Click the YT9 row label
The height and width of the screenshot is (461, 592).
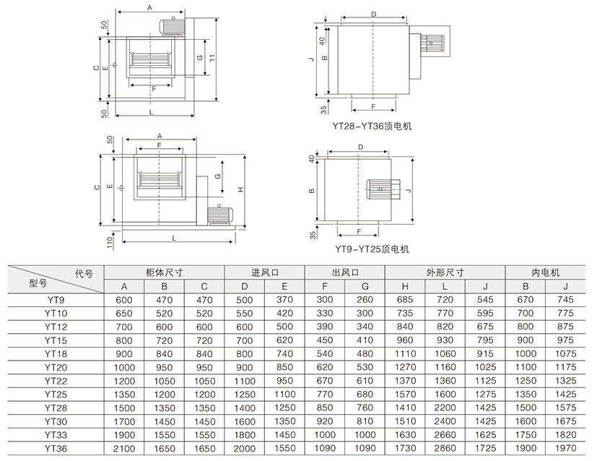(56, 300)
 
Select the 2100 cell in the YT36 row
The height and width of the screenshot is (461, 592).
(124, 449)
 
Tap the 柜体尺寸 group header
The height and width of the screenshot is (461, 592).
(164, 272)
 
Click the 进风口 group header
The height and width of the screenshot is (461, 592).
(265, 272)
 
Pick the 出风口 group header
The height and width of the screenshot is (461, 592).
(345, 272)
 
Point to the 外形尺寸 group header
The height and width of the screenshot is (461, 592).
(445, 272)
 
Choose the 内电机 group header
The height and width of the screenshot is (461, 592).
(546, 272)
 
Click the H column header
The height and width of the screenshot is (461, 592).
(405, 286)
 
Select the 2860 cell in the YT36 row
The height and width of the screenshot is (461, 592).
(445, 448)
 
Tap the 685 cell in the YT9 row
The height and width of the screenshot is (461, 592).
(405, 300)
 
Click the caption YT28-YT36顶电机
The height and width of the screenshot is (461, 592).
(372, 126)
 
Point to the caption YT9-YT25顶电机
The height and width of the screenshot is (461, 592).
(372, 249)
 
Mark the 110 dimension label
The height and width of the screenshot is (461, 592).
(110, 242)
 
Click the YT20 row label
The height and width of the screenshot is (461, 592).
(56, 367)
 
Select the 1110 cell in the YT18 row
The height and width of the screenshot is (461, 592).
(405, 353)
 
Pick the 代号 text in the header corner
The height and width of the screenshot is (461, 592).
(84, 273)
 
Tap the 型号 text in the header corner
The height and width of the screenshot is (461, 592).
(38, 283)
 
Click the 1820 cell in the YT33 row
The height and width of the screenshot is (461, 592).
(565, 435)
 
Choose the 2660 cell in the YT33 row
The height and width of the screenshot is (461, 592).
(445, 435)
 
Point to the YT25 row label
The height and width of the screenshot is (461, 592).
(56, 395)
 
